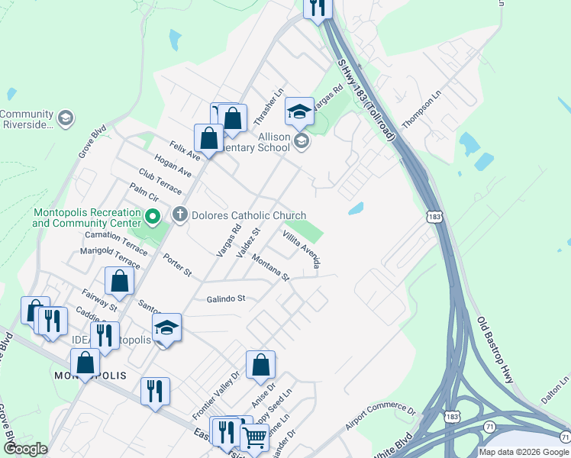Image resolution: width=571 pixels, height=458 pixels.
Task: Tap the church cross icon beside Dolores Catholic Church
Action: pyautogui.click(x=180, y=214)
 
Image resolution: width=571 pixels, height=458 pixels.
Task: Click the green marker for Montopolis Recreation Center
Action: pyautogui.click(x=152, y=218)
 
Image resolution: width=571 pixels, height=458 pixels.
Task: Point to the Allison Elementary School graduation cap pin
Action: pyautogui.click(x=300, y=113)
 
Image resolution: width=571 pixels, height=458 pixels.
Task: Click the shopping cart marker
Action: pyautogui.click(x=254, y=438)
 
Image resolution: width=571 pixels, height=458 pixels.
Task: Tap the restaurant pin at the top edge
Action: pyautogui.click(x=317, y=8)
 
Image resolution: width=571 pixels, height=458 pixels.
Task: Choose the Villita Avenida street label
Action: pyautogui.click(x=302, y=248)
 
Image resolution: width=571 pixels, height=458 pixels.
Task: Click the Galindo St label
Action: pyautogui.click(x=225, y=298)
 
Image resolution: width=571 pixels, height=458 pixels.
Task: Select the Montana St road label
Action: pyautogui.click(x=272, y=268)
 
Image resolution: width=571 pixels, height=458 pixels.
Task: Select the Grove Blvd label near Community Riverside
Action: pyautogui.click(x=92, y=142)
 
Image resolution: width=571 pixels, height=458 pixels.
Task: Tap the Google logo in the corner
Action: pyautogui.click(x=26, y=449)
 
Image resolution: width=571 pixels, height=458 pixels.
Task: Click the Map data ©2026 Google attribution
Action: pyautogui.click(x=524, y=452)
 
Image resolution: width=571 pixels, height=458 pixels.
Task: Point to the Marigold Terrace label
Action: pyautogui.click(x=110, y=257)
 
